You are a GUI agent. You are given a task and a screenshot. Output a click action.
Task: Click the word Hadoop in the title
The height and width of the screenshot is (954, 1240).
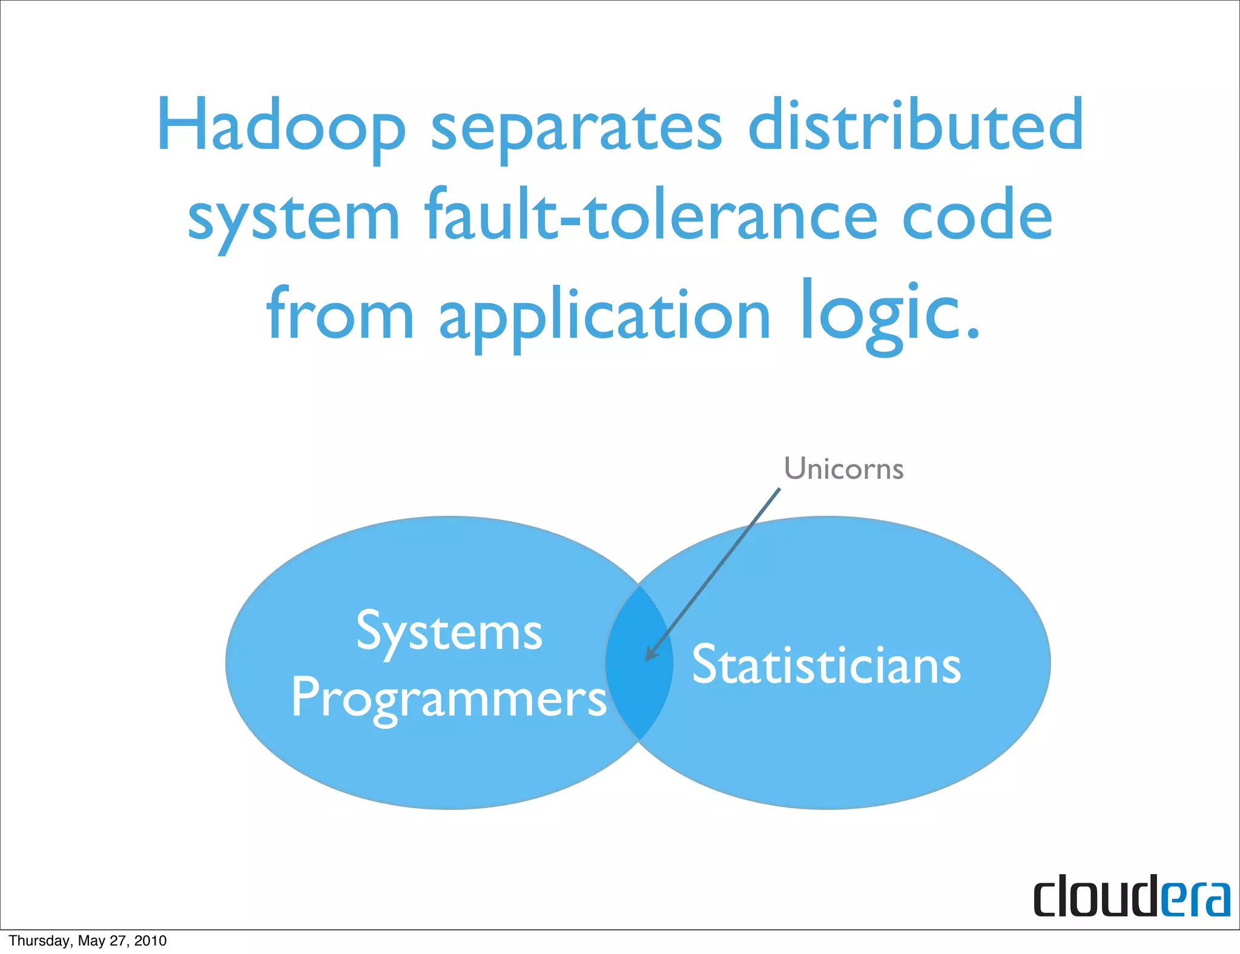pyautogui.click(x=281, y=125)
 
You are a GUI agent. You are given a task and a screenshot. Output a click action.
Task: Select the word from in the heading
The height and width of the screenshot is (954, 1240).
pyautogui.click(x=340, y=315)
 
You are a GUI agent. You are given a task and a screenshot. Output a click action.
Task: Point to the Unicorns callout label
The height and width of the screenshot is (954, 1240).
pyautogui.click(x=843, y=469)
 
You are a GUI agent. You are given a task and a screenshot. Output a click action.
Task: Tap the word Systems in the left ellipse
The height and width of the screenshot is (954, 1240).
pyautogui.click(x=449, y=633)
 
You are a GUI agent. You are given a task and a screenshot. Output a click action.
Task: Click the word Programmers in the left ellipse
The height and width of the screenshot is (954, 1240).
pyautogui.click(x=449, y=699)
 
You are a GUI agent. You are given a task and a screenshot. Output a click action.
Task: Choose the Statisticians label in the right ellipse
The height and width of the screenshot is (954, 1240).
pyautogui.click(x=826, y=665)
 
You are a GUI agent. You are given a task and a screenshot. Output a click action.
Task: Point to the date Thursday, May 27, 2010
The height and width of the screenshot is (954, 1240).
pyautogui.click(x=88, y=941)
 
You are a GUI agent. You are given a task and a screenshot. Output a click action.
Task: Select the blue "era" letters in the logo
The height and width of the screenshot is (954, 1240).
pyautogui.click(x=1196, y=899)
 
